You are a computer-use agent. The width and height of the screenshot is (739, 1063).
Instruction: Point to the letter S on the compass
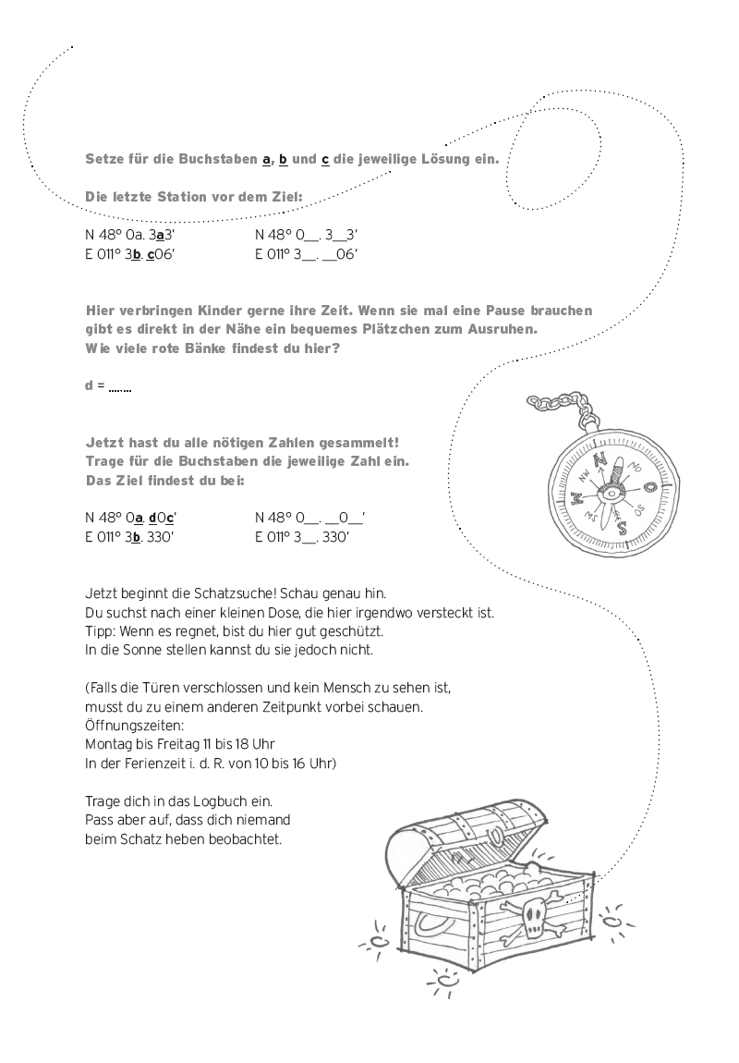click(x=622, y=528)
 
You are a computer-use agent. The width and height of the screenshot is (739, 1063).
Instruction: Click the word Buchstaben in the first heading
click(x=217, y=160)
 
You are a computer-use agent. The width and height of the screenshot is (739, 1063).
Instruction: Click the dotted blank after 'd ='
click(x=119, y=385)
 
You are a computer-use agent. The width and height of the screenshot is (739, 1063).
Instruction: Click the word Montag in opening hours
click(x=110, y=743)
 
